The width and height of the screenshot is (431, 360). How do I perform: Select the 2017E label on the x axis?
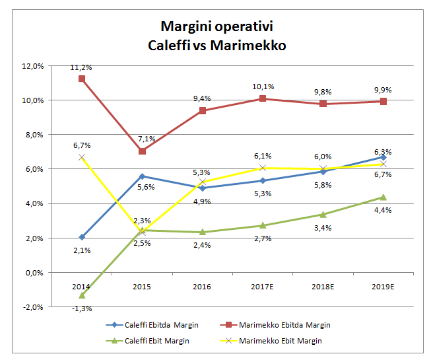coord(263,287)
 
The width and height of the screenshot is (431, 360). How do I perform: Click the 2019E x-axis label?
coord(383,287)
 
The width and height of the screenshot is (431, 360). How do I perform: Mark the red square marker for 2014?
coord(81,79)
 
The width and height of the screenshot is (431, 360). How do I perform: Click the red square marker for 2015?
coord(142,151)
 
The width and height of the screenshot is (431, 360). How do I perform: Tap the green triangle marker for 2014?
coord(81,295)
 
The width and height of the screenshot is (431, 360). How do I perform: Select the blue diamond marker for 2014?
coord(81,236)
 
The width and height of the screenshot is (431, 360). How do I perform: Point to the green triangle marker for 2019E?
coord(383,197)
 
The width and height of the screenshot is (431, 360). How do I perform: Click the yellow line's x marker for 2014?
coord(81,157)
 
